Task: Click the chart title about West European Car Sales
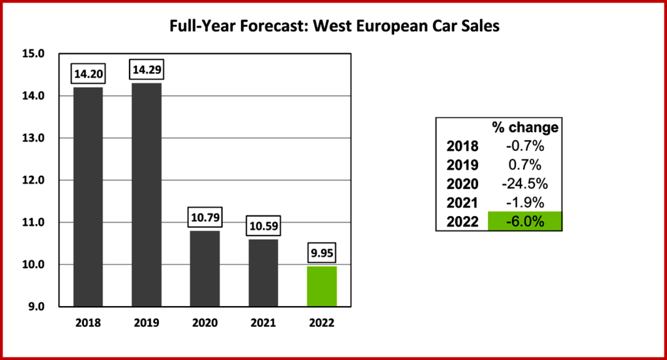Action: point(333,27)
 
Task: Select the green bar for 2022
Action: point(322,286)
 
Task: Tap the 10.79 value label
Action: point(205,217)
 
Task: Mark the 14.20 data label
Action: point(88,73)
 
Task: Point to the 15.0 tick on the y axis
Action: point(32,54)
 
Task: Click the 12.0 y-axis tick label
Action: point(32,180)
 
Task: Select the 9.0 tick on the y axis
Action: point(32,307)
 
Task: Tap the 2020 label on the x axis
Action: point(205,323)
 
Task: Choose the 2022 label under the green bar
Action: point(322,323)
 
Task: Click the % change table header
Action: point(524,127)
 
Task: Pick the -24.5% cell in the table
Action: point(524,184)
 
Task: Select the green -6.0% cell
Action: point(524,221)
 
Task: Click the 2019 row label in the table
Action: point(462,165)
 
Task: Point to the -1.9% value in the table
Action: point(524,203)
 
